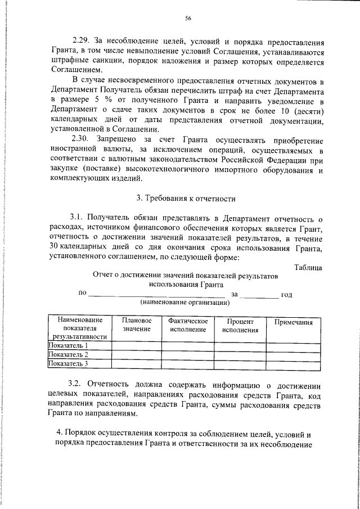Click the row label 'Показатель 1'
[68, 345]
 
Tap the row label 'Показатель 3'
[68, 363]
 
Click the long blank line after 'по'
[157, 294]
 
